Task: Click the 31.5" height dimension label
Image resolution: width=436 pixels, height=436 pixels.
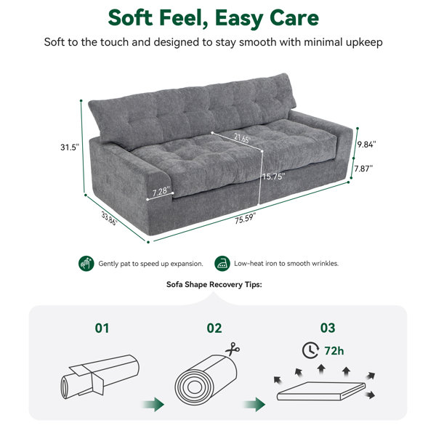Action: click(70, 147)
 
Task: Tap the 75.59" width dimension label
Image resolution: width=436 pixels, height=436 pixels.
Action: click(246, 218)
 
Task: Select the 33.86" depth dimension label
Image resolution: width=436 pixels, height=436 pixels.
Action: click(109, 218)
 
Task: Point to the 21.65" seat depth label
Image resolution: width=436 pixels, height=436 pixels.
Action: click(242, 138)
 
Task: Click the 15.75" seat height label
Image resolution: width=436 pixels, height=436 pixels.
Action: click(274, 177)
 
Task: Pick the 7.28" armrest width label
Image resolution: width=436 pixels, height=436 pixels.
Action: click(161, 191)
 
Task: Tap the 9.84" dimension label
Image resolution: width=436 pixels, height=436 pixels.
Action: click(367, 145)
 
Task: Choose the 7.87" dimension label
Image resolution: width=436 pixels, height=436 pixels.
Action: click(363, 169)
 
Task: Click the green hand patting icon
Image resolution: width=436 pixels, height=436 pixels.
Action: click(86, 263)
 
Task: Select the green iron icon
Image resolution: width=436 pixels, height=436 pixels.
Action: click(222, 263)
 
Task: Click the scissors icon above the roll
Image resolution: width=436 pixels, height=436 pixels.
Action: click(233, 350)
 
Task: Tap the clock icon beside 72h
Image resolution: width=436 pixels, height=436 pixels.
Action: click(310, 350)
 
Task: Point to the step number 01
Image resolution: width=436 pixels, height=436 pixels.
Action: click(102, 328)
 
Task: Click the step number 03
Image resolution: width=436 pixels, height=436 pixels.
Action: click(328, 328)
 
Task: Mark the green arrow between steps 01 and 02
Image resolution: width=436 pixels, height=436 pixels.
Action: click(153, 405)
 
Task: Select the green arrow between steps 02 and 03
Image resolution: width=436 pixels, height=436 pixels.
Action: click(254, 405)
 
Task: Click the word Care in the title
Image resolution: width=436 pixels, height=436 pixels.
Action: click(294, 18)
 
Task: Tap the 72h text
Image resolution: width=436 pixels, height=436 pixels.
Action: click(334, 351)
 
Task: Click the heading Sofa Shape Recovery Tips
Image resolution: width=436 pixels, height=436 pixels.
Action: click(214, 284)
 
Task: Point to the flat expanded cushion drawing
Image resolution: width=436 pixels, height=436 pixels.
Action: click(321, 391)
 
